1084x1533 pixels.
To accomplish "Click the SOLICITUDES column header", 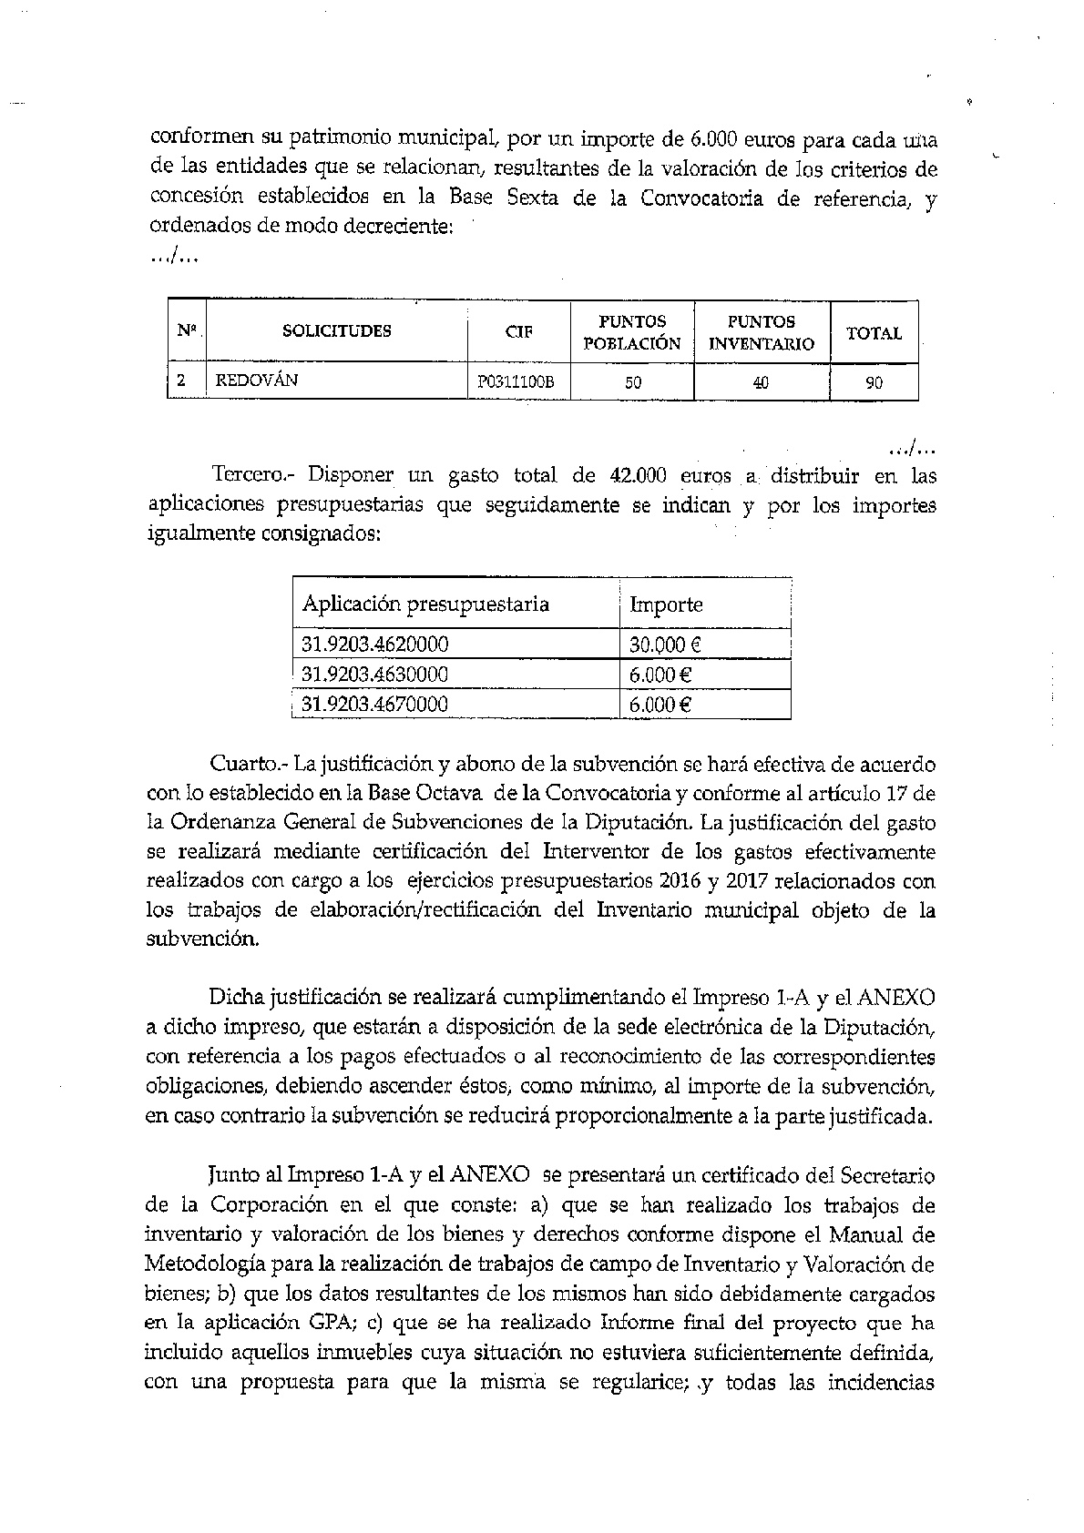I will [x=336, y=330].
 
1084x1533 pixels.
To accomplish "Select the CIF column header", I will [x=518, y=332].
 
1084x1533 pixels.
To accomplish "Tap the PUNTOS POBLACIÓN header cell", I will [x=631, y=332].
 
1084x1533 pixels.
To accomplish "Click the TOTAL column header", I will [x=874, y=333].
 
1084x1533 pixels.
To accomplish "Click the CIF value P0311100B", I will [x=516, y=382].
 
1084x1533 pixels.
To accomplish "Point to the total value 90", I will [x=874, y=383].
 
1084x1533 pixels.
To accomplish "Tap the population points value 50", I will [x=632, y=383].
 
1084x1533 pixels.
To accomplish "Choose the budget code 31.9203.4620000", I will [x=374, y=645].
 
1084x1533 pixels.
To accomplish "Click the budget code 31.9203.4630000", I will [x=374, y=675].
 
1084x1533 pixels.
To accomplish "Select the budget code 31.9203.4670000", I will [x=374, y=704].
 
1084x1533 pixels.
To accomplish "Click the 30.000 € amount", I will [x=664, y=645].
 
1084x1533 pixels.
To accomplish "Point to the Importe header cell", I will [x=666, y=604].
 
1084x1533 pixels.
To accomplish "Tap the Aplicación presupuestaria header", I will [x=425, y=604].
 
